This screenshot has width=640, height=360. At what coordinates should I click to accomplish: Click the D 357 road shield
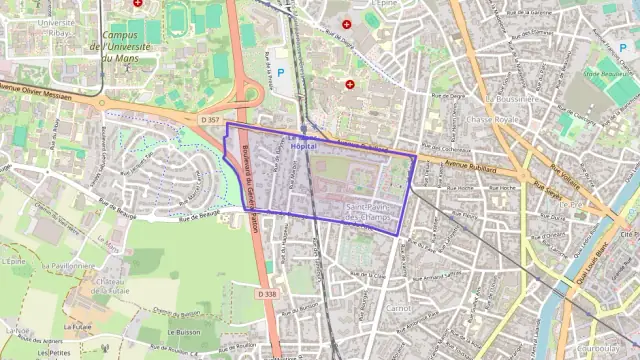(208, 120)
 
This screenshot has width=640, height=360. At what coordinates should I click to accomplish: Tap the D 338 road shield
(266, 294)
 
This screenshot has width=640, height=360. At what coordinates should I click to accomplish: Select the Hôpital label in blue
(303, 146)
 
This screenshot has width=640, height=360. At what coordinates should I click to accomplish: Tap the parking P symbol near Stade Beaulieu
(623, 48)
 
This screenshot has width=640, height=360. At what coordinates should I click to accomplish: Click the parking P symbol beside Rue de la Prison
(280, 72)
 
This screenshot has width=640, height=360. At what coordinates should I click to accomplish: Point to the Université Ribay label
(57, 27)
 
